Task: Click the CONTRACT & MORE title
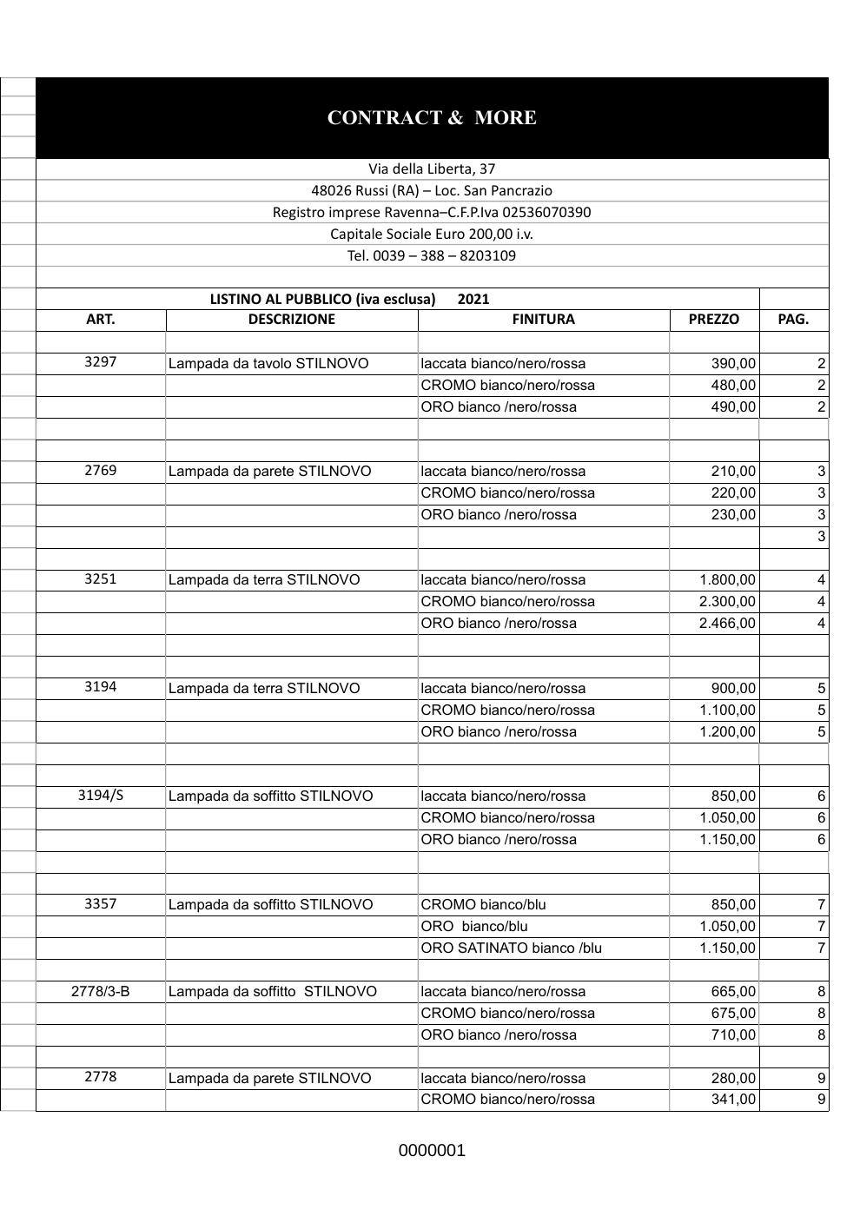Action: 432,118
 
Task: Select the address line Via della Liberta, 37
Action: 432,169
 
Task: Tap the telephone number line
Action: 432,255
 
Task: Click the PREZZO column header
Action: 713,319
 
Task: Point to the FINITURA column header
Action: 543,319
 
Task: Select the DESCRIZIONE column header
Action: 291,319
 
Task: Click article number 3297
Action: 101,362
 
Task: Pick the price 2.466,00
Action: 727,623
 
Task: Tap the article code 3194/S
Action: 101,795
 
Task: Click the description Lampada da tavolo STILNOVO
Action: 268,363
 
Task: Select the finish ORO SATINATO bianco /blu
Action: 511,948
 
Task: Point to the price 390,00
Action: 733,363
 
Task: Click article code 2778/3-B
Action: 101,991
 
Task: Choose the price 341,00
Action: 733,1099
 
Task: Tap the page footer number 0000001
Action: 432,1151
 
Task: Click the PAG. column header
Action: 793,319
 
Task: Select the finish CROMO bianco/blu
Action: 483,904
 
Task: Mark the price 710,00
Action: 733,1034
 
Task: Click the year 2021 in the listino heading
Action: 473,299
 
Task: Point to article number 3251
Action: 101,578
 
